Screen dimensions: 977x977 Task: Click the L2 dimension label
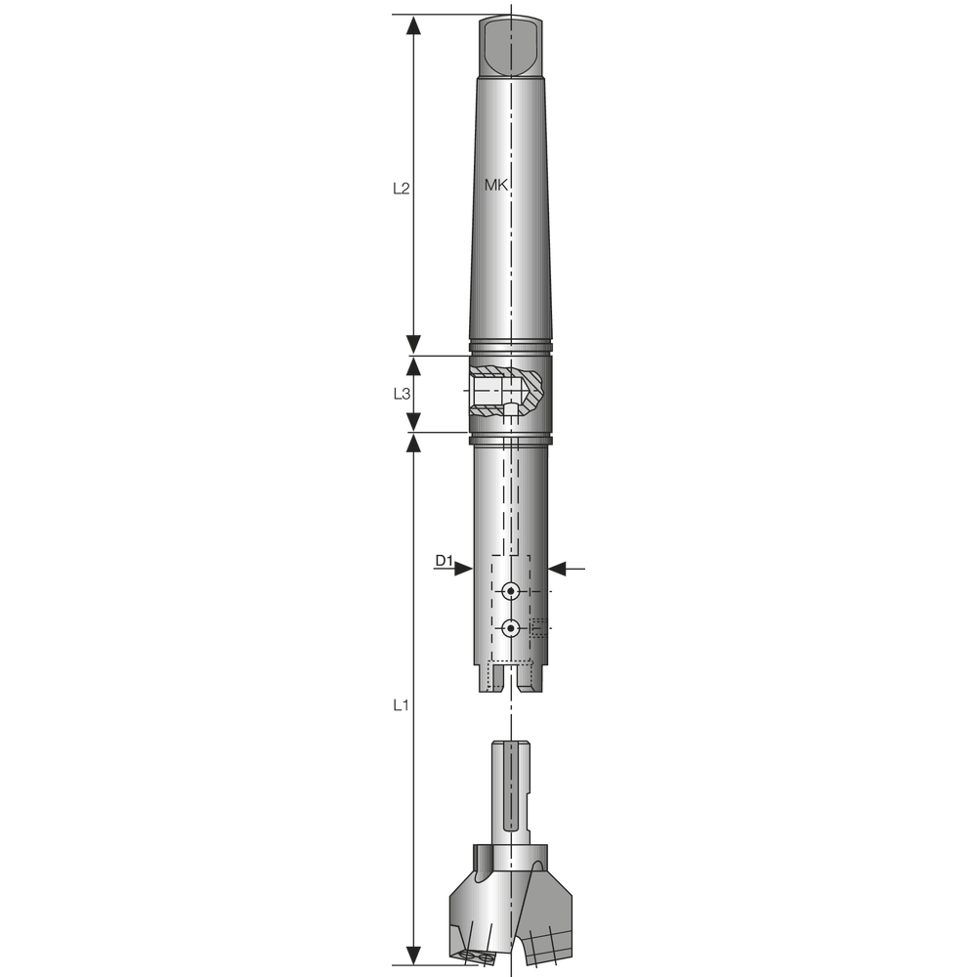point(400,189)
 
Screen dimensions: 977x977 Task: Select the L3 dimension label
point(400,394)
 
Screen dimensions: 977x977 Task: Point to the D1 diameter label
point(444,561)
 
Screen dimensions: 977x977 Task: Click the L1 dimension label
point(400,703)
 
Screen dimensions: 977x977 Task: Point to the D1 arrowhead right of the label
point(464,568)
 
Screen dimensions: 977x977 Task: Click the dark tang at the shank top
point(511,46)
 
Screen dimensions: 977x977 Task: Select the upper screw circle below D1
point(510,591)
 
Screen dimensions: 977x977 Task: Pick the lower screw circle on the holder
point(510,629)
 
